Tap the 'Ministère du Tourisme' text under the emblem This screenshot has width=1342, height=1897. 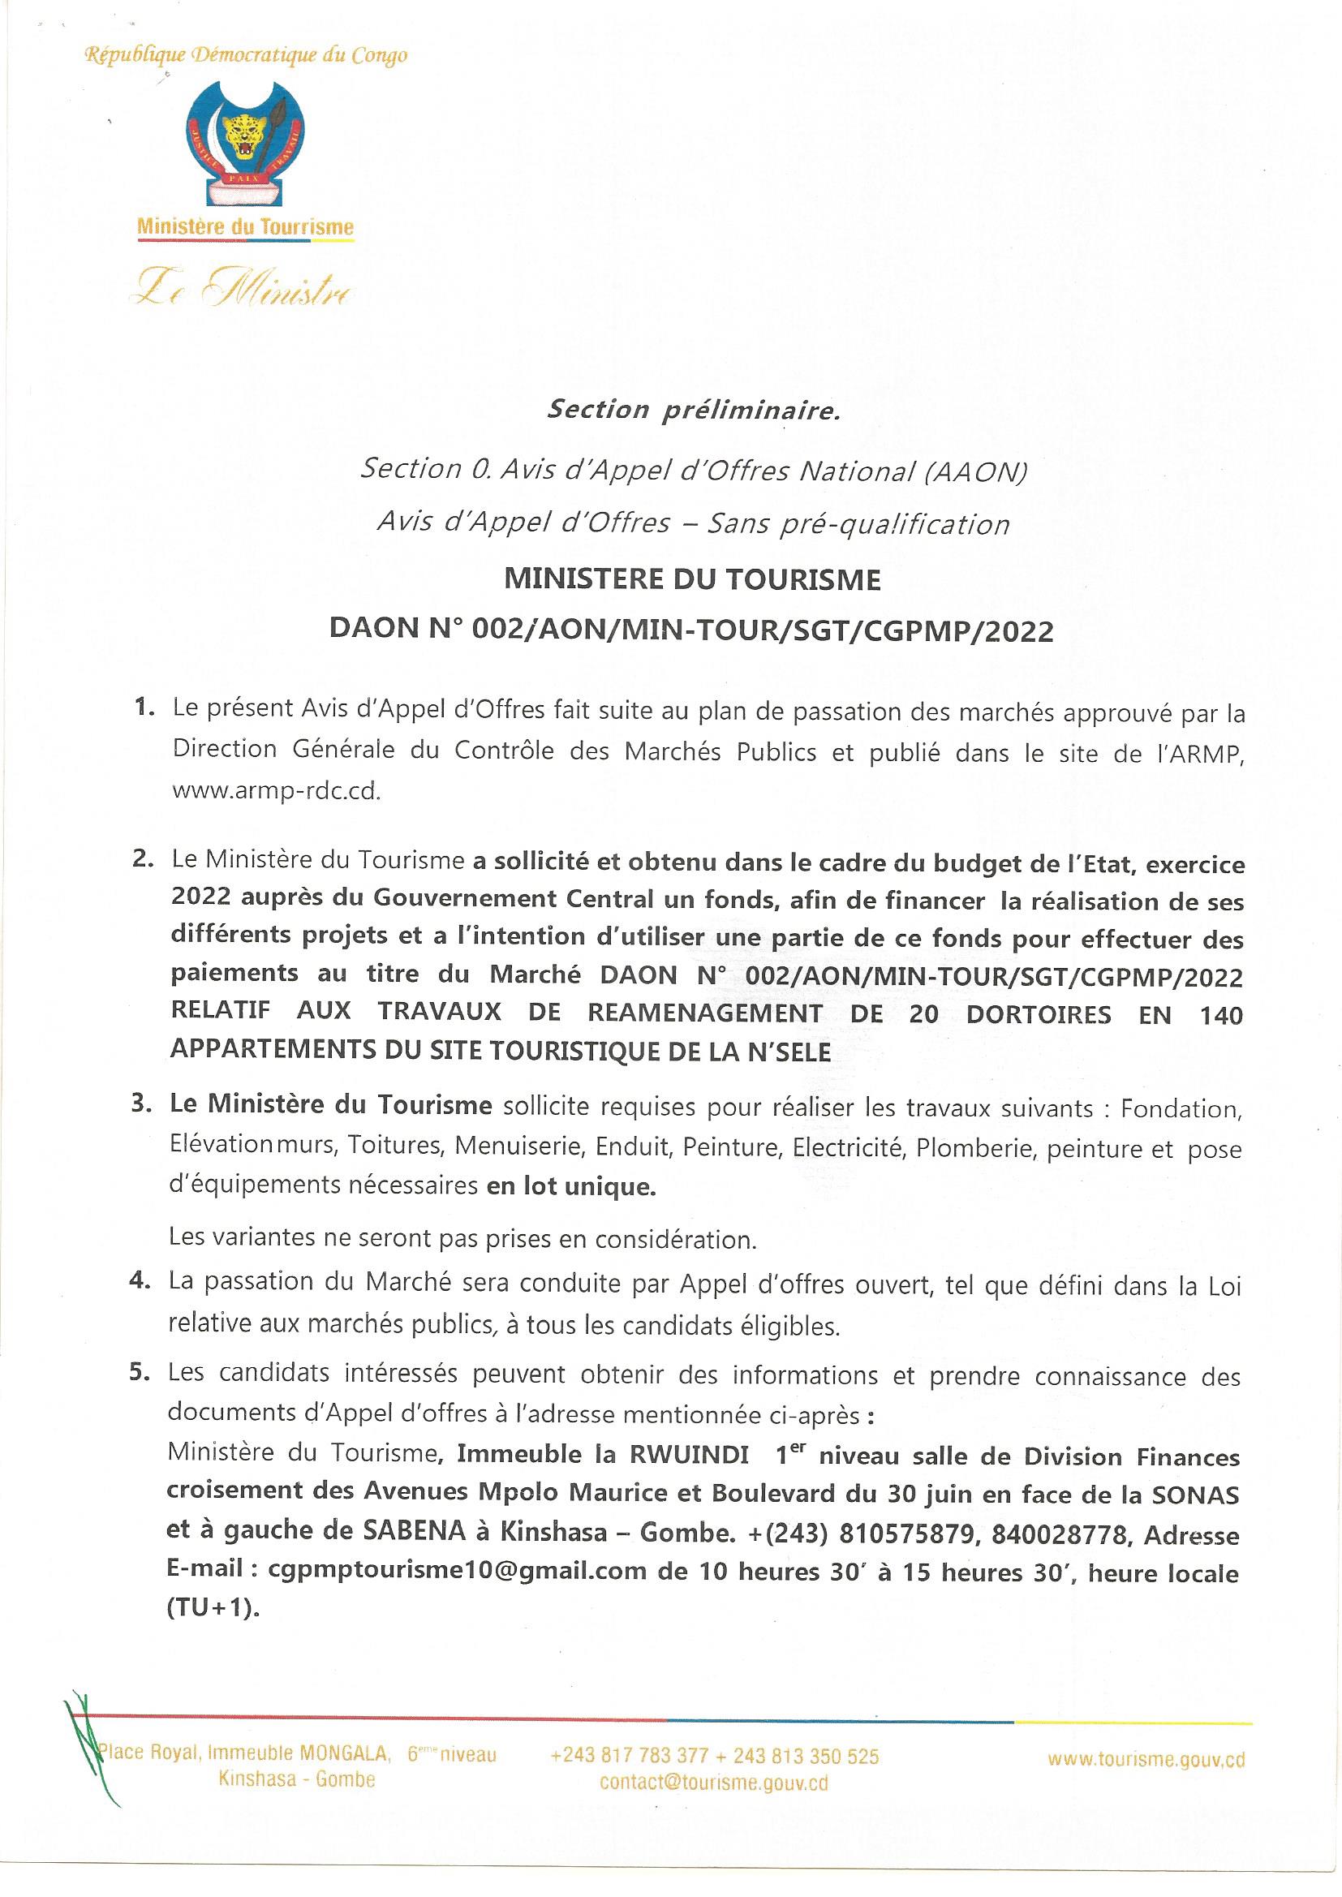(245, 226)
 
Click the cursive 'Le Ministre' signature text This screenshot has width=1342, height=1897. (245, 288)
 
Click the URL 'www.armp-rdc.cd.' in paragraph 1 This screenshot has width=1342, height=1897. (276, 791)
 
